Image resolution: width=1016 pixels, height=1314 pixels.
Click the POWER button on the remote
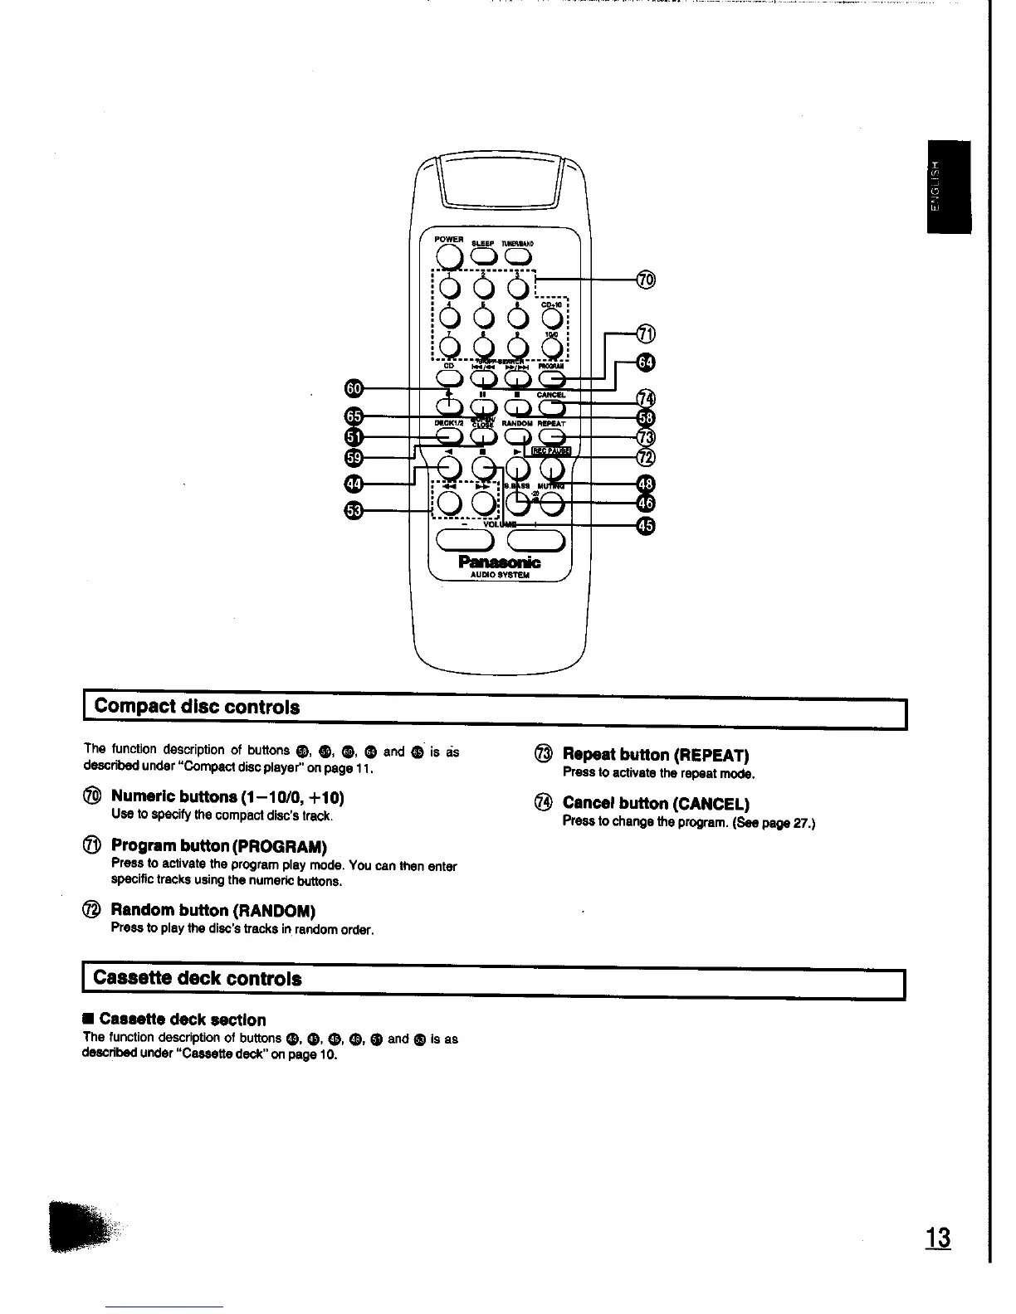(x=449, y=255)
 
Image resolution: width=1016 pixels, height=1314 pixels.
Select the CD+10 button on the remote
(x=552, y=318)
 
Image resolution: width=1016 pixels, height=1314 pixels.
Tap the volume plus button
(x=535, y=541)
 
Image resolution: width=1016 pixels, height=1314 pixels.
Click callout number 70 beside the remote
(x=646, y=280)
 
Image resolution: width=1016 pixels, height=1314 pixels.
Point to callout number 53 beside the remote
(x=354, y=510)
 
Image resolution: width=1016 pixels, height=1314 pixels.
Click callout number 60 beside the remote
(x=354, y=387)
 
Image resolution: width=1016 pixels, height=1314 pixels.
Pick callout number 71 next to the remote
(x=646, y=334)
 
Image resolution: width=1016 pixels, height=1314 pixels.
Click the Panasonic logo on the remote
(x=499, y=562)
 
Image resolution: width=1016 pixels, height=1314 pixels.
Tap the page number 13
(x=939, y=1239)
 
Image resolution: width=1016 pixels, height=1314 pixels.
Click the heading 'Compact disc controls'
(x=197, y=708)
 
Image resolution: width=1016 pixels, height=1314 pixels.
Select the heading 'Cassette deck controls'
(x=198, y=978)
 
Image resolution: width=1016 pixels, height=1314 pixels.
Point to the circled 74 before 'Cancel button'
(x=544, y=802)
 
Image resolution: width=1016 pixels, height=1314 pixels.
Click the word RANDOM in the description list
(x=277, y=911)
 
